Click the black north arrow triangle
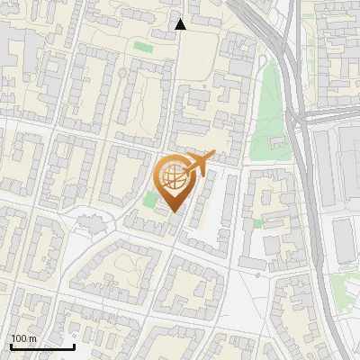pos(180,24)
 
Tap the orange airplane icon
pos(201,165)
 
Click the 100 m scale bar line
pos(41,346)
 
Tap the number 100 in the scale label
pos(21,338)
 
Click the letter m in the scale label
pos(33,338)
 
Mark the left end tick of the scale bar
pos(10,345)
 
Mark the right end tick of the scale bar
pos(74,345)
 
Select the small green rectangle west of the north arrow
pos(142,46)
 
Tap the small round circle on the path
pos(122,72)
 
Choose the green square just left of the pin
pos(148,198)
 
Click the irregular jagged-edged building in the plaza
pos(88,221)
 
